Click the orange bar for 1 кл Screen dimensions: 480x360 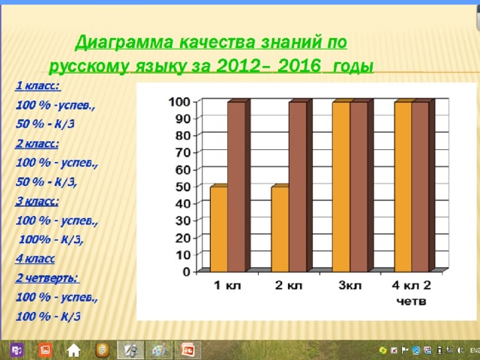(x=219, y=228)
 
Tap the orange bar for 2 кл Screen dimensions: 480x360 (x=280, y=228)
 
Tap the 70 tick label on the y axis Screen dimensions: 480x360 (x=183, y=152)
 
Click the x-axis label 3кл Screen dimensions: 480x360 (x=350, y=286)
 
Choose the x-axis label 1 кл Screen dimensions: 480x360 (x=227, y=286)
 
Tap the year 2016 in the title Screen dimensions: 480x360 (x=299, y=66)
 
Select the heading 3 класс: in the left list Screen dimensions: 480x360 (x=37, y=202)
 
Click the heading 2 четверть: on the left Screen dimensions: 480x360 (x=47, y=278)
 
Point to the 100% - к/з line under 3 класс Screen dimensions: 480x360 (x=51, y=239)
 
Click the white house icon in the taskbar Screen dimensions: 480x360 (x=73, y=350)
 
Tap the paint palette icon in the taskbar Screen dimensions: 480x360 (x=159, y=350)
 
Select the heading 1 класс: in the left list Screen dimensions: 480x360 (x=38, y=85)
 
